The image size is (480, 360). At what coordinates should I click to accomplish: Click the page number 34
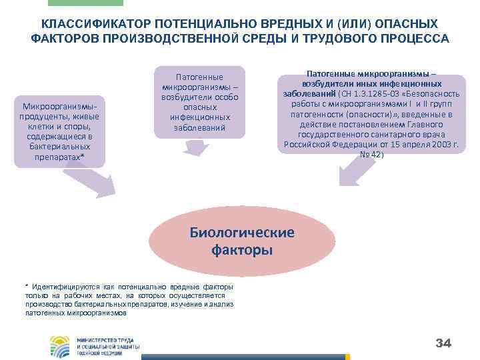pyautogui.click(x=443, y=343)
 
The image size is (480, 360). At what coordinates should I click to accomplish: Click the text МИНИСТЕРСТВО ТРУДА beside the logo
pyautogui.click(x=105, y=340)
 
